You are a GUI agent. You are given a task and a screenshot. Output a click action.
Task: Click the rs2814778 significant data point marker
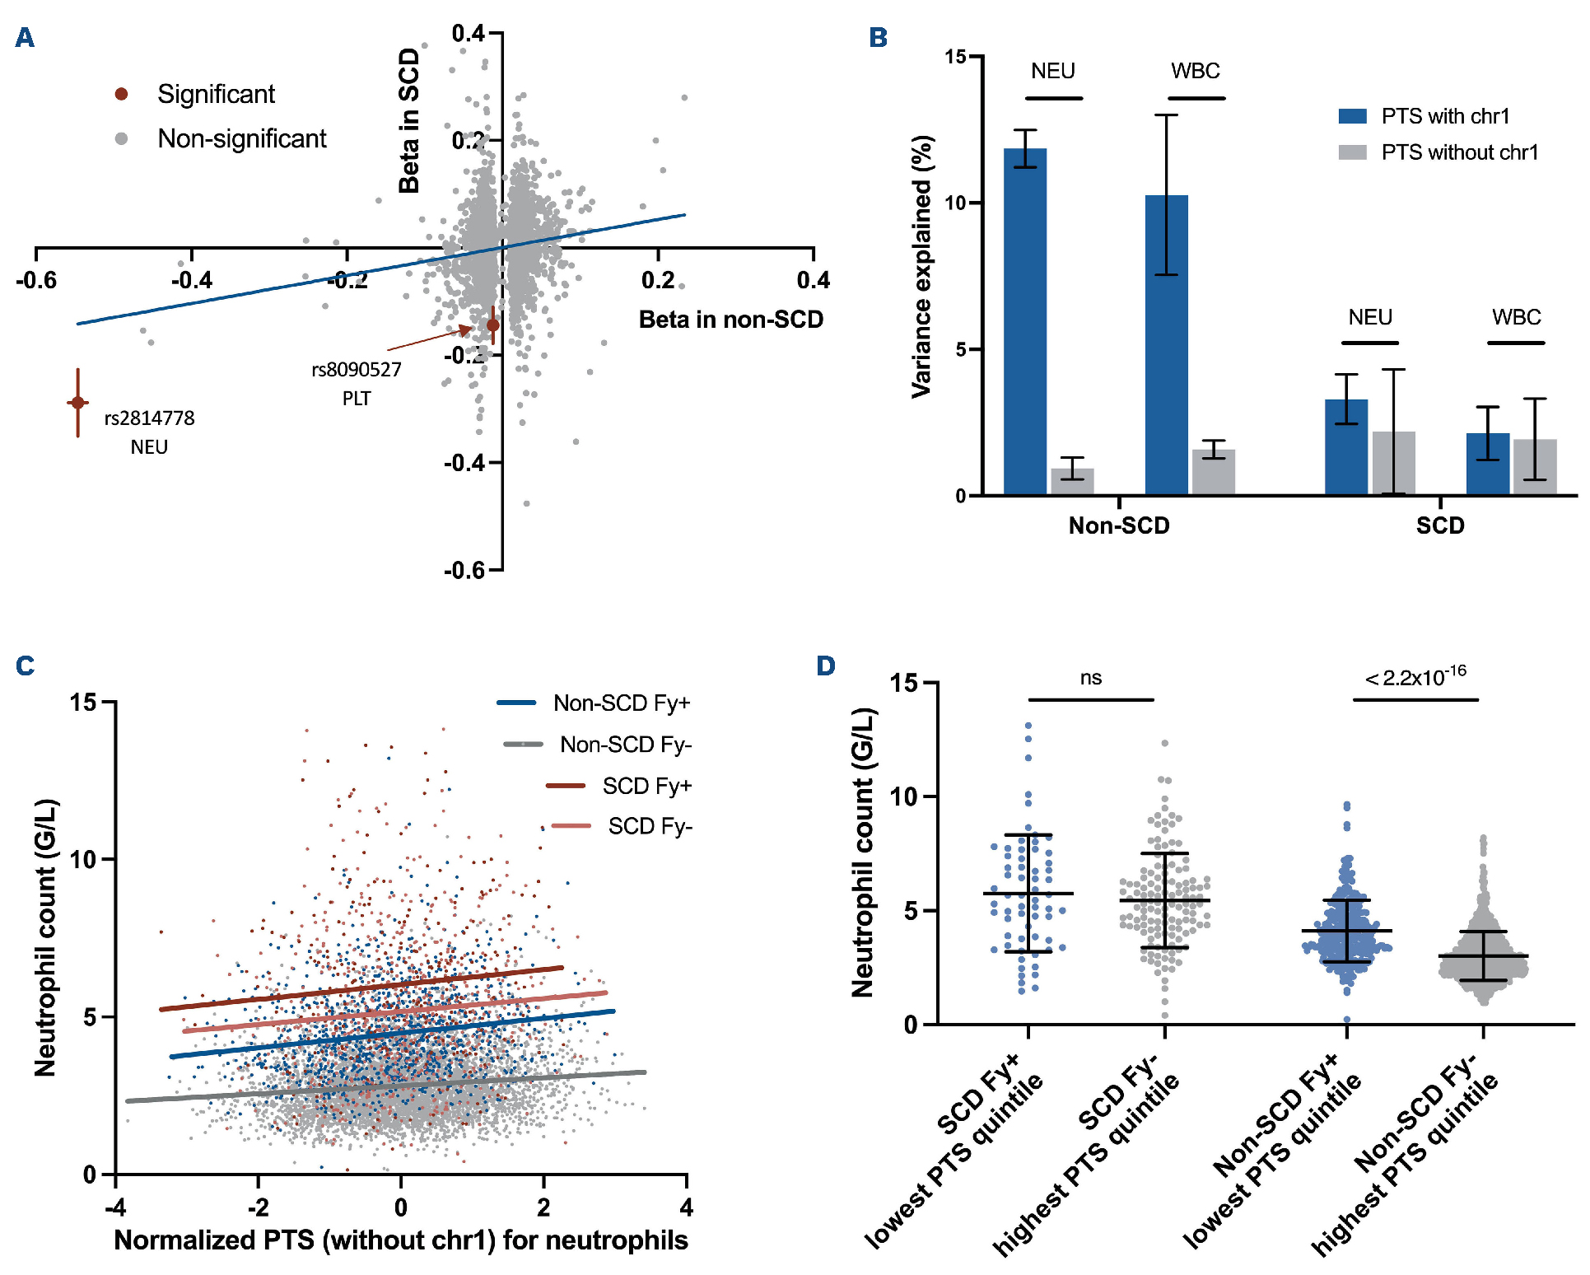pos(78,403)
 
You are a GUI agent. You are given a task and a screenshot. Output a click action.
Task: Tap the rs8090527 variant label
pos(356,370)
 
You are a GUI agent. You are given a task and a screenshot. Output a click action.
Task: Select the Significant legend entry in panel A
pos(215,94)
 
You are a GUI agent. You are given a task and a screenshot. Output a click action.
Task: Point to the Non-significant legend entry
pos(241,138)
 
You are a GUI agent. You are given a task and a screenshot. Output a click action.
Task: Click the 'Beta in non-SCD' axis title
pos(730,320)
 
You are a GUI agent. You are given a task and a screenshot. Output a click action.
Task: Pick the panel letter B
pos(878,38)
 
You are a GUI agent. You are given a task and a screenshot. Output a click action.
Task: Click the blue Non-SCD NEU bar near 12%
pos(1025,321)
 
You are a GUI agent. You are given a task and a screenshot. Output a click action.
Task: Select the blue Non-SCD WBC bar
pos(1166,346)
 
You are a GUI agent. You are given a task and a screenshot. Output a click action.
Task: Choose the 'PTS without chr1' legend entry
pos(1459,152)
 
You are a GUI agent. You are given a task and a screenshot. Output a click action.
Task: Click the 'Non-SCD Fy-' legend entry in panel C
pos(624,745)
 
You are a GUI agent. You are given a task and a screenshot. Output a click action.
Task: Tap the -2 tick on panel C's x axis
pos(258,1207)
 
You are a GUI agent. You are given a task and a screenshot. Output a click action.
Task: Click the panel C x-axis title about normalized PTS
pos(401,1240)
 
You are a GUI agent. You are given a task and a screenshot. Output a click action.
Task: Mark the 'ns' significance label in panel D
pos(1091,678)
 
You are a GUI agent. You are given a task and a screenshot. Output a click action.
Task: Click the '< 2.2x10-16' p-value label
pos(1415,677)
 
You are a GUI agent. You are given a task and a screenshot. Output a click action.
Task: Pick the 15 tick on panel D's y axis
pos(904,683)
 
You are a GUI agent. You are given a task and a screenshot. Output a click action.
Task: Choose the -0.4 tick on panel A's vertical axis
pos(465,463)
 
